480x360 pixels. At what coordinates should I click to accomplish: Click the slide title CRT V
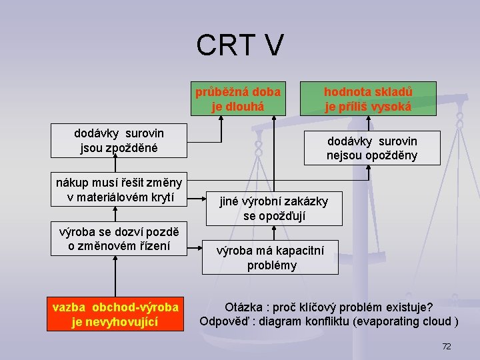pos(240,45)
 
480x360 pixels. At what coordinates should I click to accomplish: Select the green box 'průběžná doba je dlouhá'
pos(238,98)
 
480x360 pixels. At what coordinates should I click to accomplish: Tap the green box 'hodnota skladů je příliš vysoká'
pos(368,98)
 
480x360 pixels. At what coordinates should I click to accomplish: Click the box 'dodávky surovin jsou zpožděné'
pos(119,140)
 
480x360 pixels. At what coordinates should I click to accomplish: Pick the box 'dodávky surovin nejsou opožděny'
pos(372,148)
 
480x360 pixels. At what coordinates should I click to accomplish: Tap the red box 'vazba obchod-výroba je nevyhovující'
pos(115,315)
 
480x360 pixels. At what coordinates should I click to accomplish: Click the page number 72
pos(447,347)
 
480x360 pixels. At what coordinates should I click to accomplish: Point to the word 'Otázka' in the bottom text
pos(244,307)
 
